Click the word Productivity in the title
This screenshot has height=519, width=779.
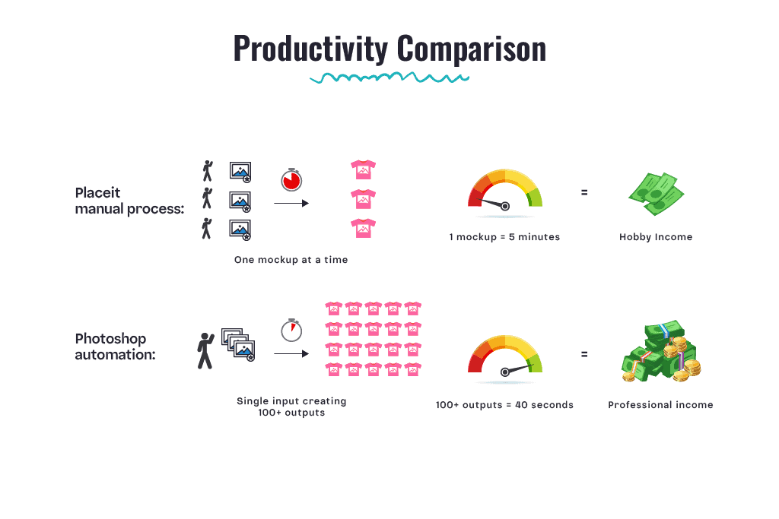click(310, 49)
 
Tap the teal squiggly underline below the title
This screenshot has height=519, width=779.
click(389, 78)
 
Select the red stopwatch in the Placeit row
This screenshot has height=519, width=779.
click(291, 179)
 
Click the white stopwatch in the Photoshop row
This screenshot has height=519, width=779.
click(291, 330)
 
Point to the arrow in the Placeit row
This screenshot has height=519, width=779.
click(291, 203)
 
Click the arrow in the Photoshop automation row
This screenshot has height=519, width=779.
click(291, 354)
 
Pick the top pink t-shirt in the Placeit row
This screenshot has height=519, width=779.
click(363, 169)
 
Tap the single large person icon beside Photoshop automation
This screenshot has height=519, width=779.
click(205, 351)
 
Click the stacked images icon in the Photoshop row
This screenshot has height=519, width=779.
click(238, 344)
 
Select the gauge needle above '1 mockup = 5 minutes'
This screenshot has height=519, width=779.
click(491, 203)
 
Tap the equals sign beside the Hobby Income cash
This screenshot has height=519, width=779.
click(584, 192)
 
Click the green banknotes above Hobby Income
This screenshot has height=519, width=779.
click(656, 194)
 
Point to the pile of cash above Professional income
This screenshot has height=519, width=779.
click(661, 351)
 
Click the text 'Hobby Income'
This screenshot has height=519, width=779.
click(656, 236)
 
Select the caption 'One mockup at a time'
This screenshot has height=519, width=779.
click(291, 260)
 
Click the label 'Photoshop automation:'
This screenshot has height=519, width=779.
click(115, 347)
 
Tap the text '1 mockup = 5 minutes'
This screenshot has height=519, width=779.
click(505, 236)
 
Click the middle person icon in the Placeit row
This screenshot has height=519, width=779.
click(207, 198)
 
